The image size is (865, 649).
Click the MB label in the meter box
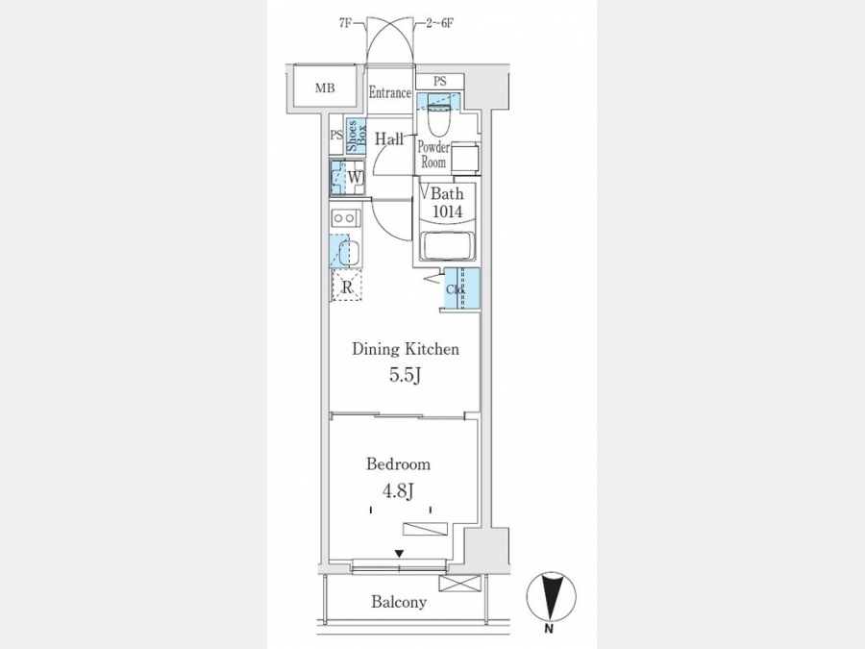pos(325,87)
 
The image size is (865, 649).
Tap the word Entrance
pos(390,92)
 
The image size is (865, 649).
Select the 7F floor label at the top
pos(345,24)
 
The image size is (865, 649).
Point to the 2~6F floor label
pos(439,24)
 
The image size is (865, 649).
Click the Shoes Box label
pos(356,137)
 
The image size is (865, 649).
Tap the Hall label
pos(389,139)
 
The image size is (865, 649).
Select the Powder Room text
pos(433,155)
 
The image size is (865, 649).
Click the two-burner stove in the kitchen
pos(345,218)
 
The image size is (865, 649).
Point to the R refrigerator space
pos(346,287)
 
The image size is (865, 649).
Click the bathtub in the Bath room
pos(447,245)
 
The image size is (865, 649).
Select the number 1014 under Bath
pos(447,212)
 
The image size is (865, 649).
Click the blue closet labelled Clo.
pos(462,287)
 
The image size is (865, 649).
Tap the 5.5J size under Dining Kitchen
pos(406,375)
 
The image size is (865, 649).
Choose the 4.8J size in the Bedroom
pos(398,490)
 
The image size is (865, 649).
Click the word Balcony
pos(399,602)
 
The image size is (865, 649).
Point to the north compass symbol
pos(551,597)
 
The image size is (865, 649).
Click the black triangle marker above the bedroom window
pos(399,554)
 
